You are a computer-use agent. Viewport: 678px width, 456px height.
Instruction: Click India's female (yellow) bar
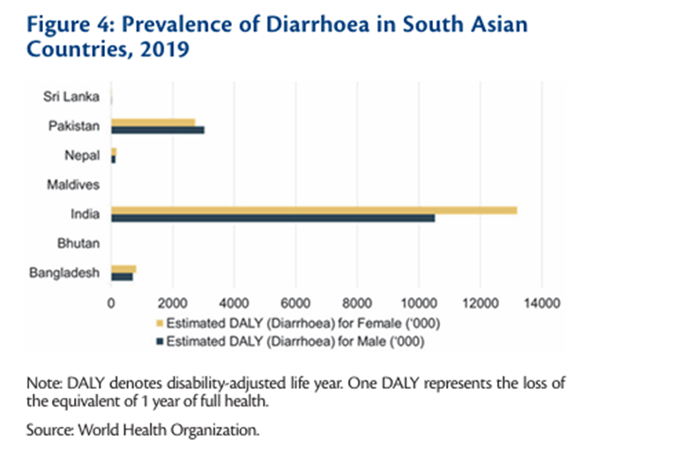(313, 209)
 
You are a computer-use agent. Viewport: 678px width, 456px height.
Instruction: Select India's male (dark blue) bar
(272, 218)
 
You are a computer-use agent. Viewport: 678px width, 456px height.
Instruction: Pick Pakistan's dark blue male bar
(157, 131)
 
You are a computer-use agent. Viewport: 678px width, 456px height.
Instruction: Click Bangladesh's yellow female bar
(123, 268)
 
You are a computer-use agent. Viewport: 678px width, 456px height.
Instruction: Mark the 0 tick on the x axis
(111, 303)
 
